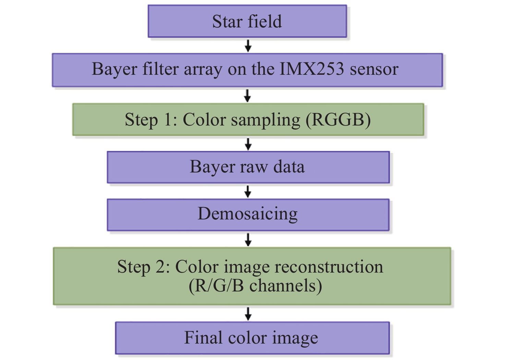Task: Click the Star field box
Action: [247, 21]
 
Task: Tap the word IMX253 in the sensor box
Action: [312, 69]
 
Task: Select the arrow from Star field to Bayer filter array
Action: [248, 45]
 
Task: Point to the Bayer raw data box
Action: [248, 167]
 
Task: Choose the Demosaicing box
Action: [248, 214]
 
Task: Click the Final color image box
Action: [252, 338]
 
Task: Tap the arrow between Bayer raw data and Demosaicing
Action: [248, 191]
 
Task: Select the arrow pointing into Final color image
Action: [248, 313]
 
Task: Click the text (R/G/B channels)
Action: [255, 286]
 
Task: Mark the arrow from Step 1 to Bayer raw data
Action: [248, 144]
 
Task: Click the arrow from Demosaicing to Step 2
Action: [248, 239]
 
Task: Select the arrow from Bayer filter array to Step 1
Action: [247, 95]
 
